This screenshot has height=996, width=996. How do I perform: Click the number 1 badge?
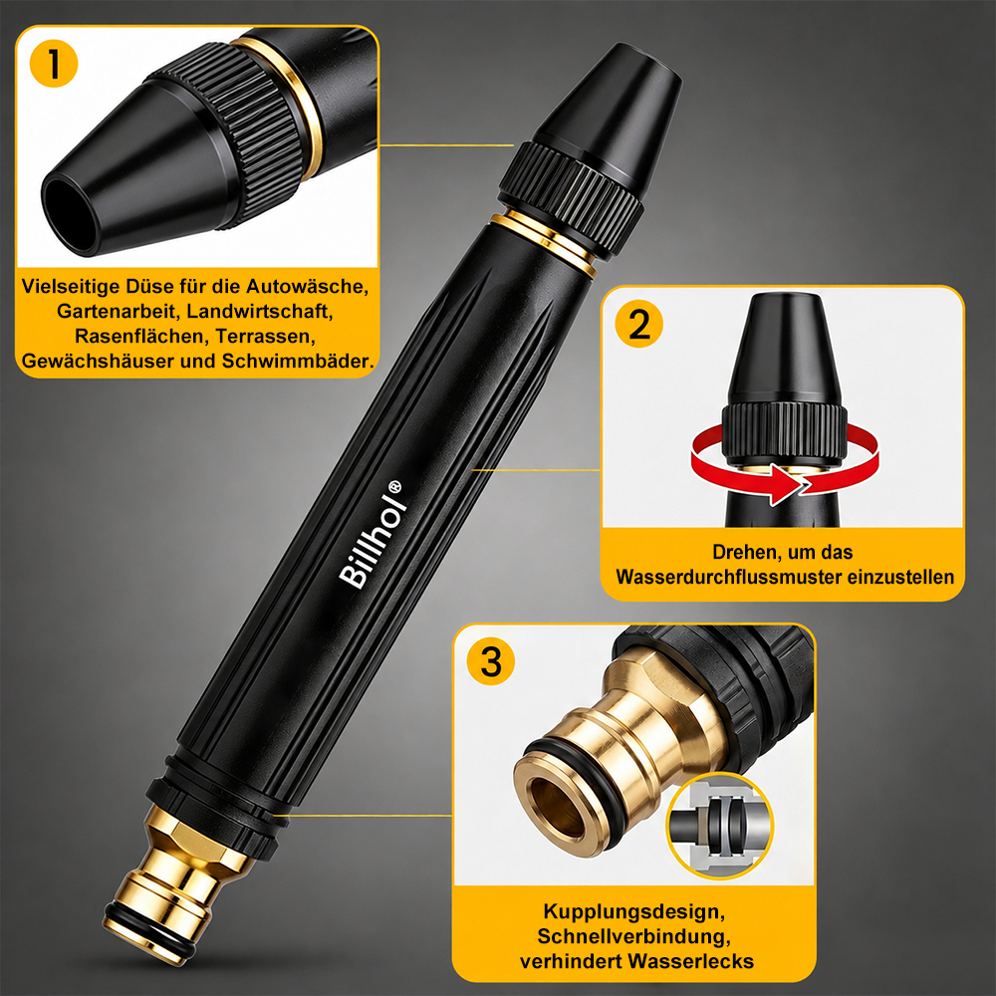click(x=54, y=64)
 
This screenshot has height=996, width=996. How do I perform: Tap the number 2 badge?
click(x=639, y=324)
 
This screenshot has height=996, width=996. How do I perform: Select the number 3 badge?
click(x=491, y=661)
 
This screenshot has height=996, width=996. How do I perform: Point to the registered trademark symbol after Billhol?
click(x=393, y=487)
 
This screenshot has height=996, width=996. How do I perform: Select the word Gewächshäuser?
click(x=98, y=361)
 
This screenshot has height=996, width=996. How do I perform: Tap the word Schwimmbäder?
click(x=298, y=361)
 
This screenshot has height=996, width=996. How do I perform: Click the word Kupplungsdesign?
click(x=633, y=911)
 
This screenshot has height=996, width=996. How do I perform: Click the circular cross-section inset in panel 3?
click(x=720, y=827)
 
